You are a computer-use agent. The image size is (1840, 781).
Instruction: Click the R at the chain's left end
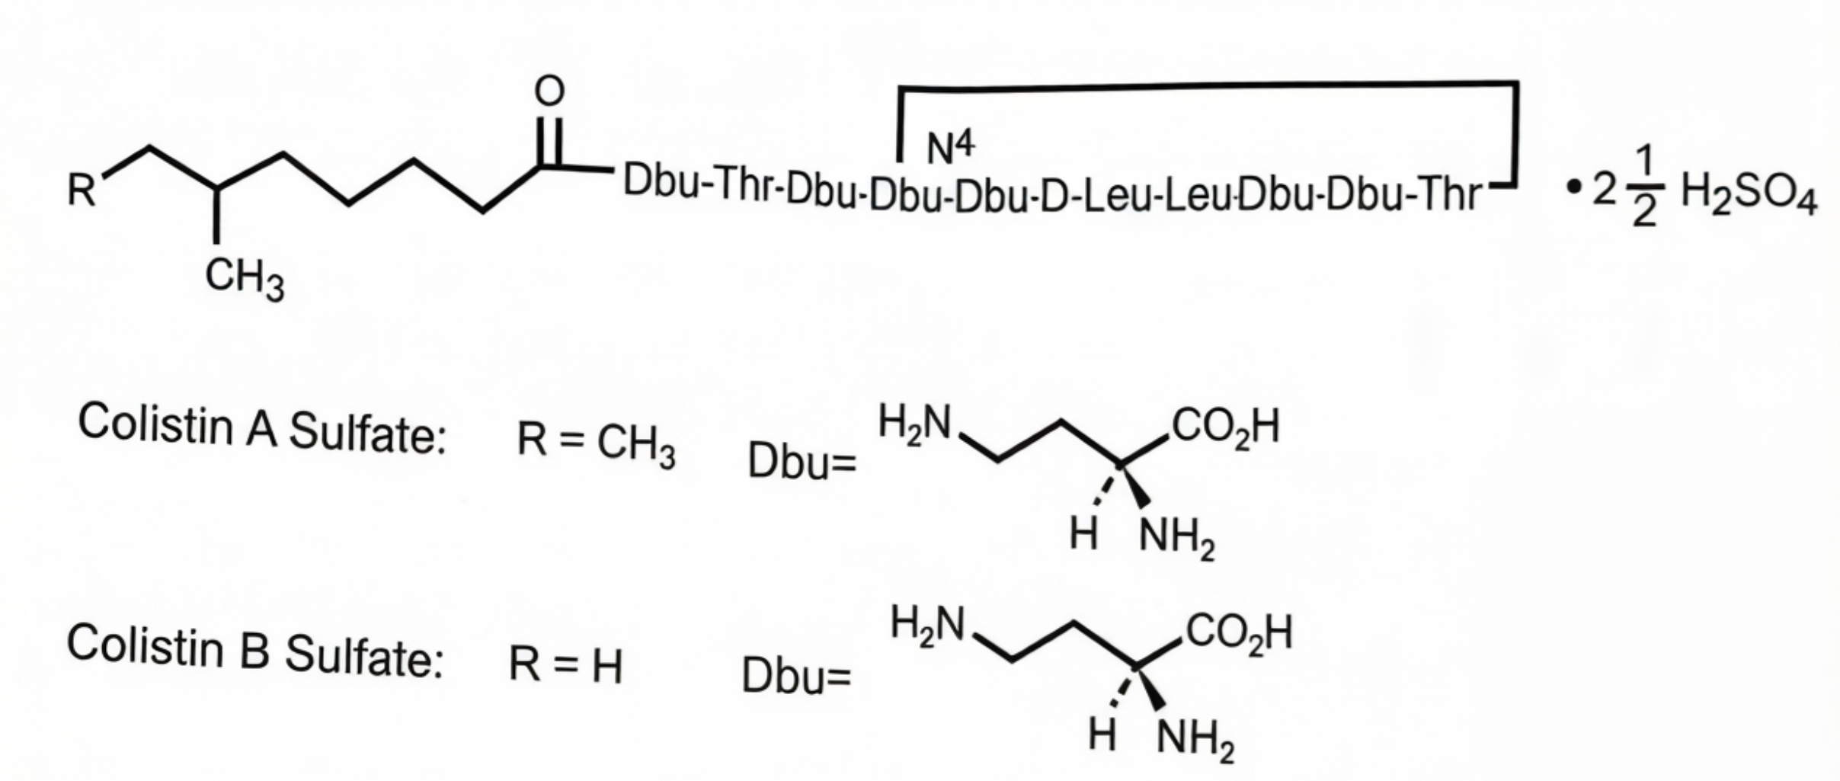coord(82,190)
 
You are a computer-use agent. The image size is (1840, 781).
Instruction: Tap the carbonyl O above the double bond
coord(549,91)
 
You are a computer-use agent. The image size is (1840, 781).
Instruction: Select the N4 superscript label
coord(950,147)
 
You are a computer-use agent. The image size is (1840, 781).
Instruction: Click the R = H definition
coord(565,664)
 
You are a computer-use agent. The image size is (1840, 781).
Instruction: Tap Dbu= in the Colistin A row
coord(802,462)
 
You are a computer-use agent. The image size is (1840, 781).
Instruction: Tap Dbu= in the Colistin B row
coord(796,676)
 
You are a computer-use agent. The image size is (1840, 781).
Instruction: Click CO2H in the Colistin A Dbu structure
coord(1226,427)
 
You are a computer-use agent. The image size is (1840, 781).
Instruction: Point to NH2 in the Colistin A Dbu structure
coord(1176,539)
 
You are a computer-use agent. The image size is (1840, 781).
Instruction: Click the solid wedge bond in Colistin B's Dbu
coord(1151,690)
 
